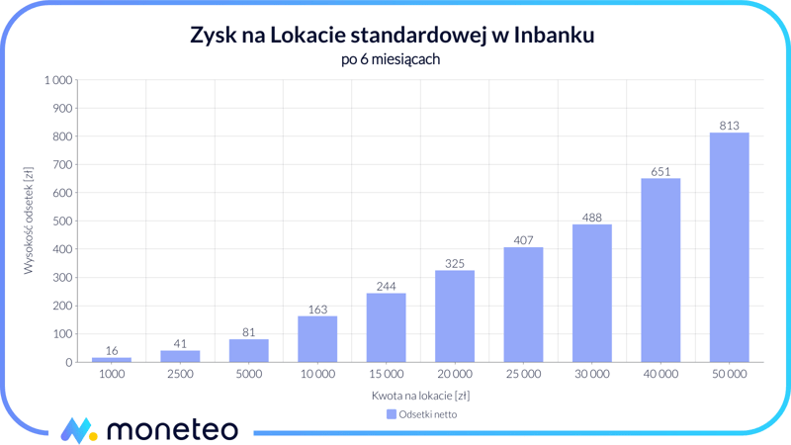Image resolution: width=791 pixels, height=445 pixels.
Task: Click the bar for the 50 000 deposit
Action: pyautogui.click(x=729, y=247)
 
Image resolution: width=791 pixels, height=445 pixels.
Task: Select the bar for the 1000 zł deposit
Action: pyautogui.click(x=112, y=359)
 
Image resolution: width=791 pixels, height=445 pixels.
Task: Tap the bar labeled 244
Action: pyautogui.click(x=386, y=327)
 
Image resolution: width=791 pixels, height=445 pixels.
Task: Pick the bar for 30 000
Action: pyautogui.click(x=591, y=293)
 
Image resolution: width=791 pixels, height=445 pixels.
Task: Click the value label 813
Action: pyautogui.click(x=729, y=126)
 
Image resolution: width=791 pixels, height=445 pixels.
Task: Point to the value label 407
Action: pyautogui.click(x=523, y=240)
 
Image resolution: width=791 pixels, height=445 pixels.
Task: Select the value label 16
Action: pyautogui.click(x=112, y=351)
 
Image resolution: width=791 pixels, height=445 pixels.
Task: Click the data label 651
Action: pyautogui.click(x=660, y=172)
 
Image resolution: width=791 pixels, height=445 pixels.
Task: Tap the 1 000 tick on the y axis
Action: pyautogui.click(x=57, y=80)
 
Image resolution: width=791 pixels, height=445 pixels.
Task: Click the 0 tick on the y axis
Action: pyautogui.click(x=69, y=363)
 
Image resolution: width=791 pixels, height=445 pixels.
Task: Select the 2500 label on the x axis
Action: pyautogui.click(x=180, y=375)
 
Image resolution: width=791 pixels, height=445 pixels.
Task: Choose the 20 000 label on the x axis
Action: pyautogui.click(x=455, y=375)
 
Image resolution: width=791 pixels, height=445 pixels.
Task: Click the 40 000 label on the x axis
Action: pyautogui.click(x=660, y=375)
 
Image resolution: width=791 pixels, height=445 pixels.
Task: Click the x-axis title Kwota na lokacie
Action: pyautogui.click(x=420, y=396)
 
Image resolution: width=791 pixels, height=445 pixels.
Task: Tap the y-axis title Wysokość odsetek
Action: pyautogui.click(x=29, y=221)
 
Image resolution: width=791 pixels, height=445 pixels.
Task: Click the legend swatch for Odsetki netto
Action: pyautogui.click(x=391, y=414)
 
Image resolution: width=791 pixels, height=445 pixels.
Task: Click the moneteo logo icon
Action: pyautogui.click(x=78, y=430)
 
